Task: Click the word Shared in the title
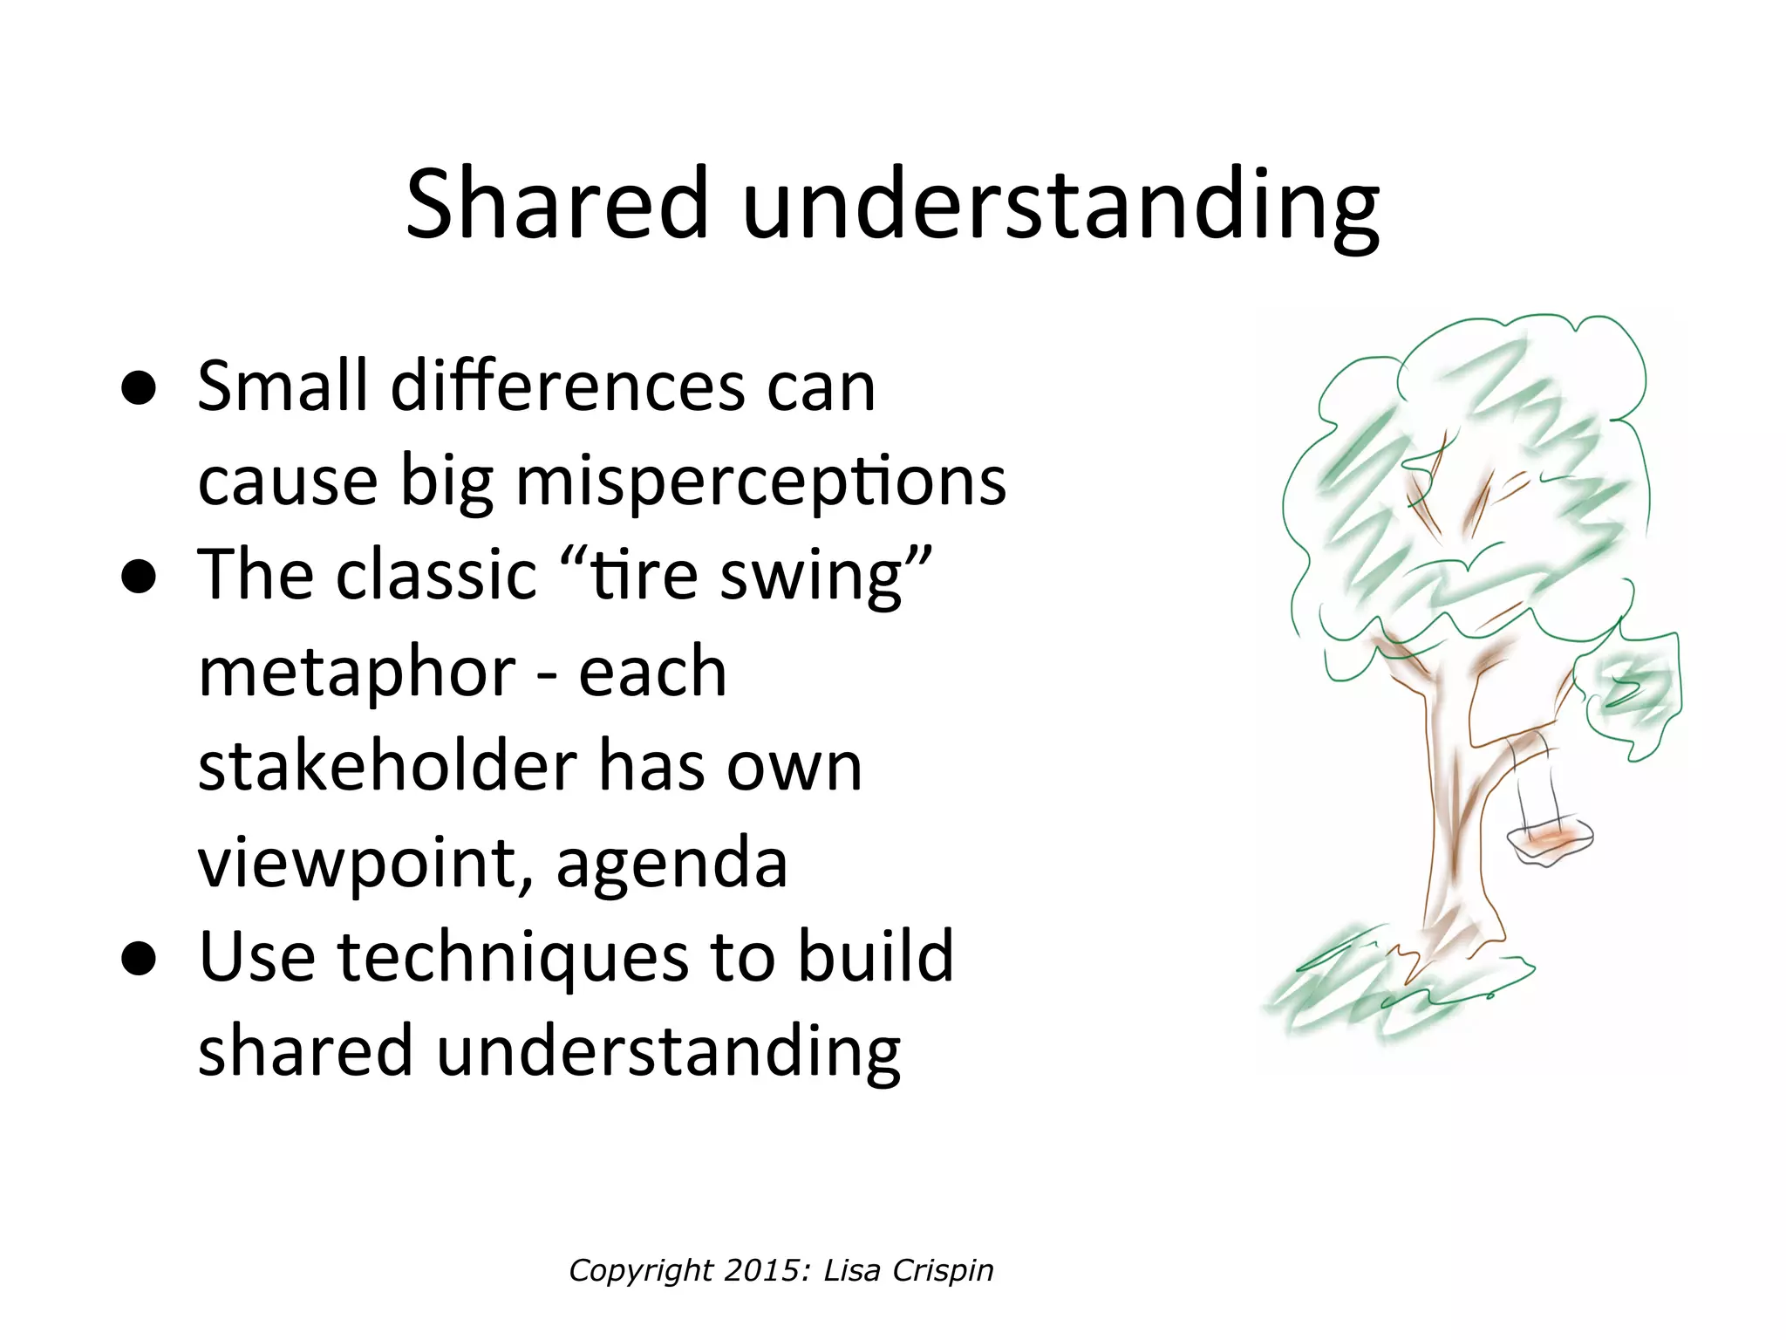(557, 203)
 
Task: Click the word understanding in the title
(1060, 206)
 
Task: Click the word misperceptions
(761, 482)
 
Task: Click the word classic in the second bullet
(437, 577)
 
